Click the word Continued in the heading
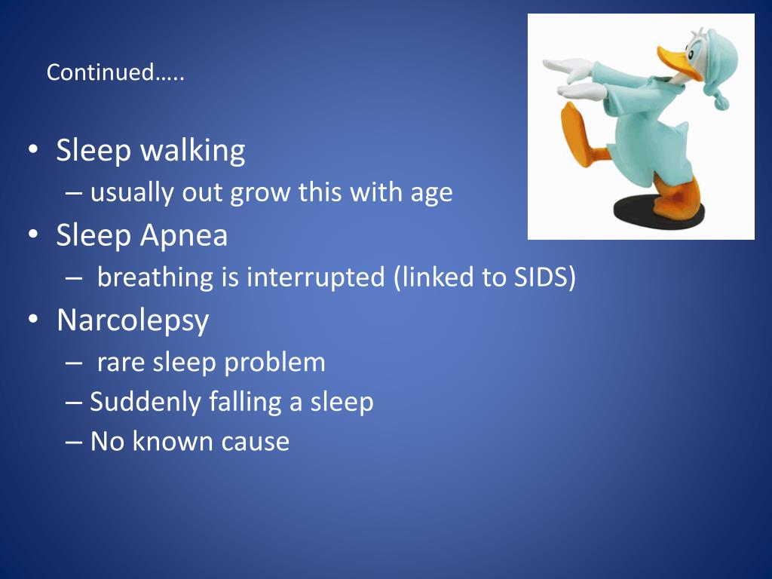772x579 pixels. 100,72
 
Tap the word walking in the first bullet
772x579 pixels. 193,151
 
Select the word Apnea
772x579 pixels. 184,236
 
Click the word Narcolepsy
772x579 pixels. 133,321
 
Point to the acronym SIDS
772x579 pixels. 541,277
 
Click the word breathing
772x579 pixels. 155,277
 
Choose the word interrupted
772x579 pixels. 316,277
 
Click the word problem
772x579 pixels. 274,363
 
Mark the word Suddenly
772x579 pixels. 146,403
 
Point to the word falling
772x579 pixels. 245,403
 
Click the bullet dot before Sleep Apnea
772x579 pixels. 33,234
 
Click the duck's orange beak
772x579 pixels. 679,63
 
